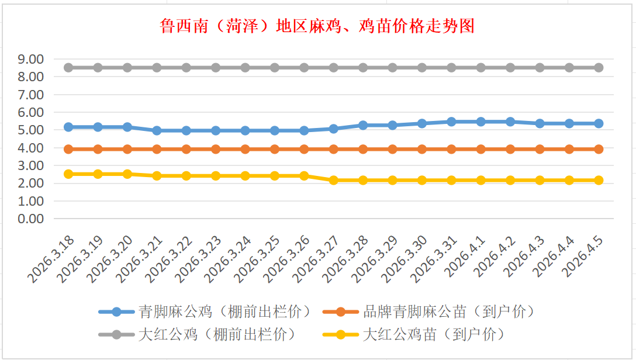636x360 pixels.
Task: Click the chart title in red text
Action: point(317,26)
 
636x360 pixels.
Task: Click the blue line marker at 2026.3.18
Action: point(68,127)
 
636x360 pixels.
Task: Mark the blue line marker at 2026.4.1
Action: point(481,122)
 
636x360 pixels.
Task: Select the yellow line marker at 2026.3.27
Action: point(334,180)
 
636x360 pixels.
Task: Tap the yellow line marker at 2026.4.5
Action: point(599,180)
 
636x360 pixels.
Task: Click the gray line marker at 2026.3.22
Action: point(186,68)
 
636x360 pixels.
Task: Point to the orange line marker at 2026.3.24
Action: point(246,149)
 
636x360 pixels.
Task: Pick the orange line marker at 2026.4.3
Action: point(540,149)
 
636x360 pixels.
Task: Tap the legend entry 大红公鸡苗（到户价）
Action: point(433,334)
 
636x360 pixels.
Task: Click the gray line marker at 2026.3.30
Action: point(422,68)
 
